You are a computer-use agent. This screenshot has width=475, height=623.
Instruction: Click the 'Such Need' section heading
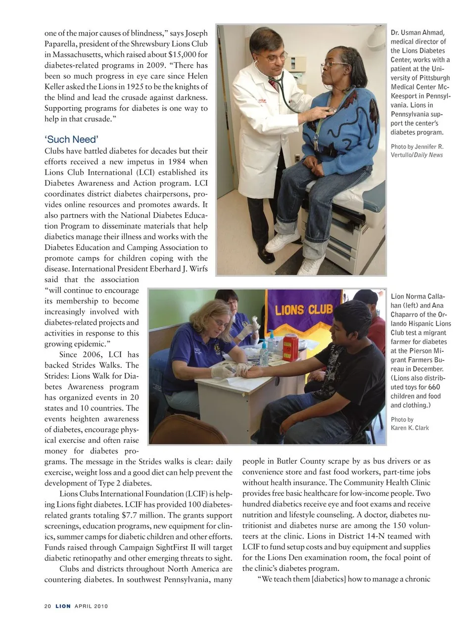71,139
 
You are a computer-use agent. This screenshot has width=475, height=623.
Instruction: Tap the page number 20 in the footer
47,606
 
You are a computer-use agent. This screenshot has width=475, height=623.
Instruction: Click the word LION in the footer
63,606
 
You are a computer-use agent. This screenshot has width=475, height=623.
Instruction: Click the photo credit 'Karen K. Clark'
410,428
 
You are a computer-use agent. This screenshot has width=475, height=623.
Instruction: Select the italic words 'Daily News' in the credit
428,155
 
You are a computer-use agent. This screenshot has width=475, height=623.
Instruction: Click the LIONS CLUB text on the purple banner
304,310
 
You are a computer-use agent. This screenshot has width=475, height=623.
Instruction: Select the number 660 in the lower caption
434,387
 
